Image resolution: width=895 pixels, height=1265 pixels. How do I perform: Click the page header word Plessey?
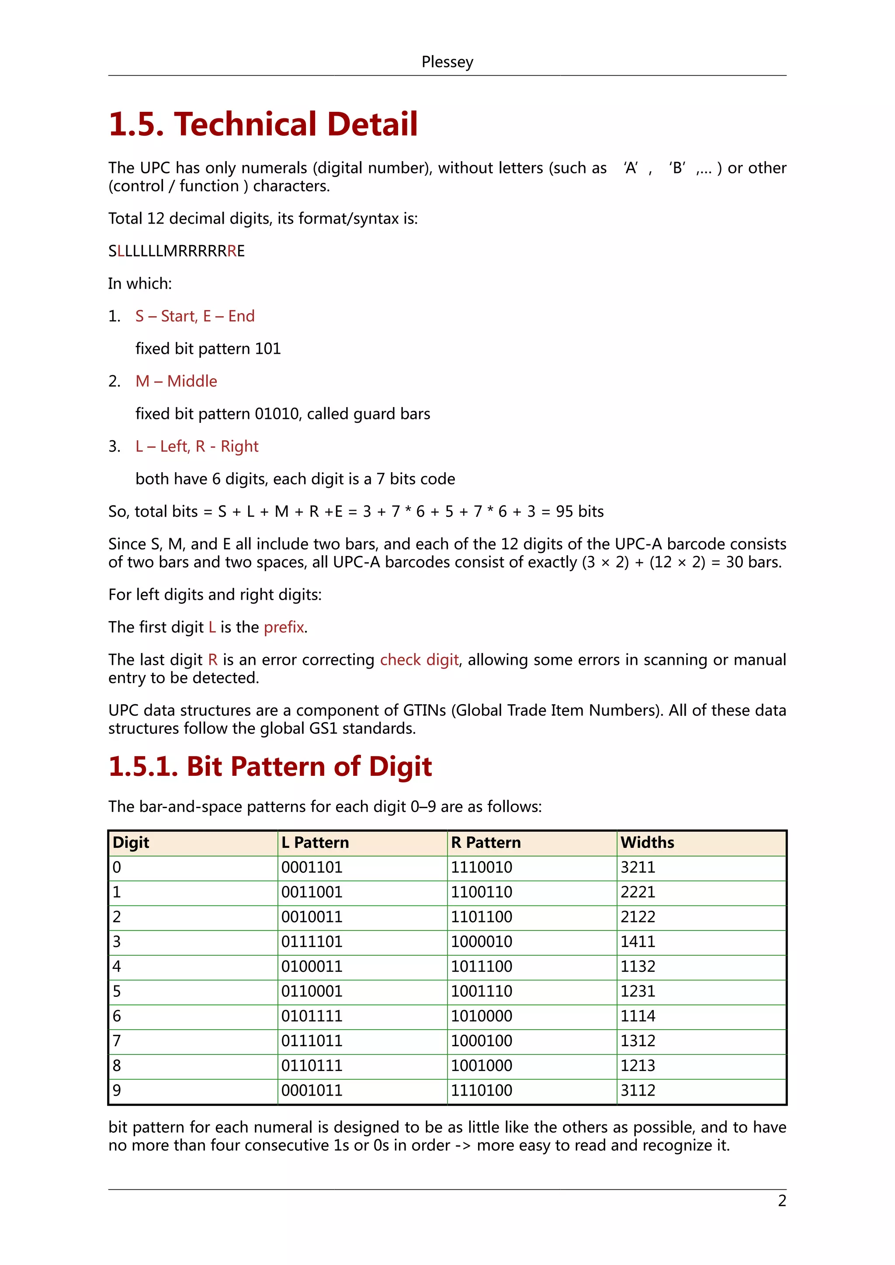tap(447, 62)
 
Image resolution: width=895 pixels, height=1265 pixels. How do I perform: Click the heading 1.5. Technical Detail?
tap(263, 124)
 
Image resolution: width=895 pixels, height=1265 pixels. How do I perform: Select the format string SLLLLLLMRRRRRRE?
tap(177, 251)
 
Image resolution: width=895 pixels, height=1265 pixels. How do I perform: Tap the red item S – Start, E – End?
tap(194, 316)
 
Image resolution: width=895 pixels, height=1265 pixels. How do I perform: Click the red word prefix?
tap(284, 627)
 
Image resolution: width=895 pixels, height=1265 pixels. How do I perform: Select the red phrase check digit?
tap(419, 660)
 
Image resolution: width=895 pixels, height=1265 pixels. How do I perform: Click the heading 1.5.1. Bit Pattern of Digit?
tap(270, 767)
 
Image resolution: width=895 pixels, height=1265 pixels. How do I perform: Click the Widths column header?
tap(647, 843)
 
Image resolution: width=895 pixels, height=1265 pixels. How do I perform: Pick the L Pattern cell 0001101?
tap(312, 867)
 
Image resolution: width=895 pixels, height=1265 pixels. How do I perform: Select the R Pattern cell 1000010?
tap(481, 942)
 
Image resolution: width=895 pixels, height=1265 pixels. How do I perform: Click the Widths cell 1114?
tap(638, 1016)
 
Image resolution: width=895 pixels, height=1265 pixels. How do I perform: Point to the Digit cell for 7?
tap(117, 1041)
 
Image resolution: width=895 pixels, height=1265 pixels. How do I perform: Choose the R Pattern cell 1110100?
tap(481, 1090)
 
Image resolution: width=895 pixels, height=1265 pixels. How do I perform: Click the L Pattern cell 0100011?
tap(312, 966)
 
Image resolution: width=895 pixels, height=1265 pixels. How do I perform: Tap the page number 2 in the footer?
tap(781, 1201)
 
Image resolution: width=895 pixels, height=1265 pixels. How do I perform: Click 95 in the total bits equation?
tap(564, 512)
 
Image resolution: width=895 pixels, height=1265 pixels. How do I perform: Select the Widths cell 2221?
tap(638, 892)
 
